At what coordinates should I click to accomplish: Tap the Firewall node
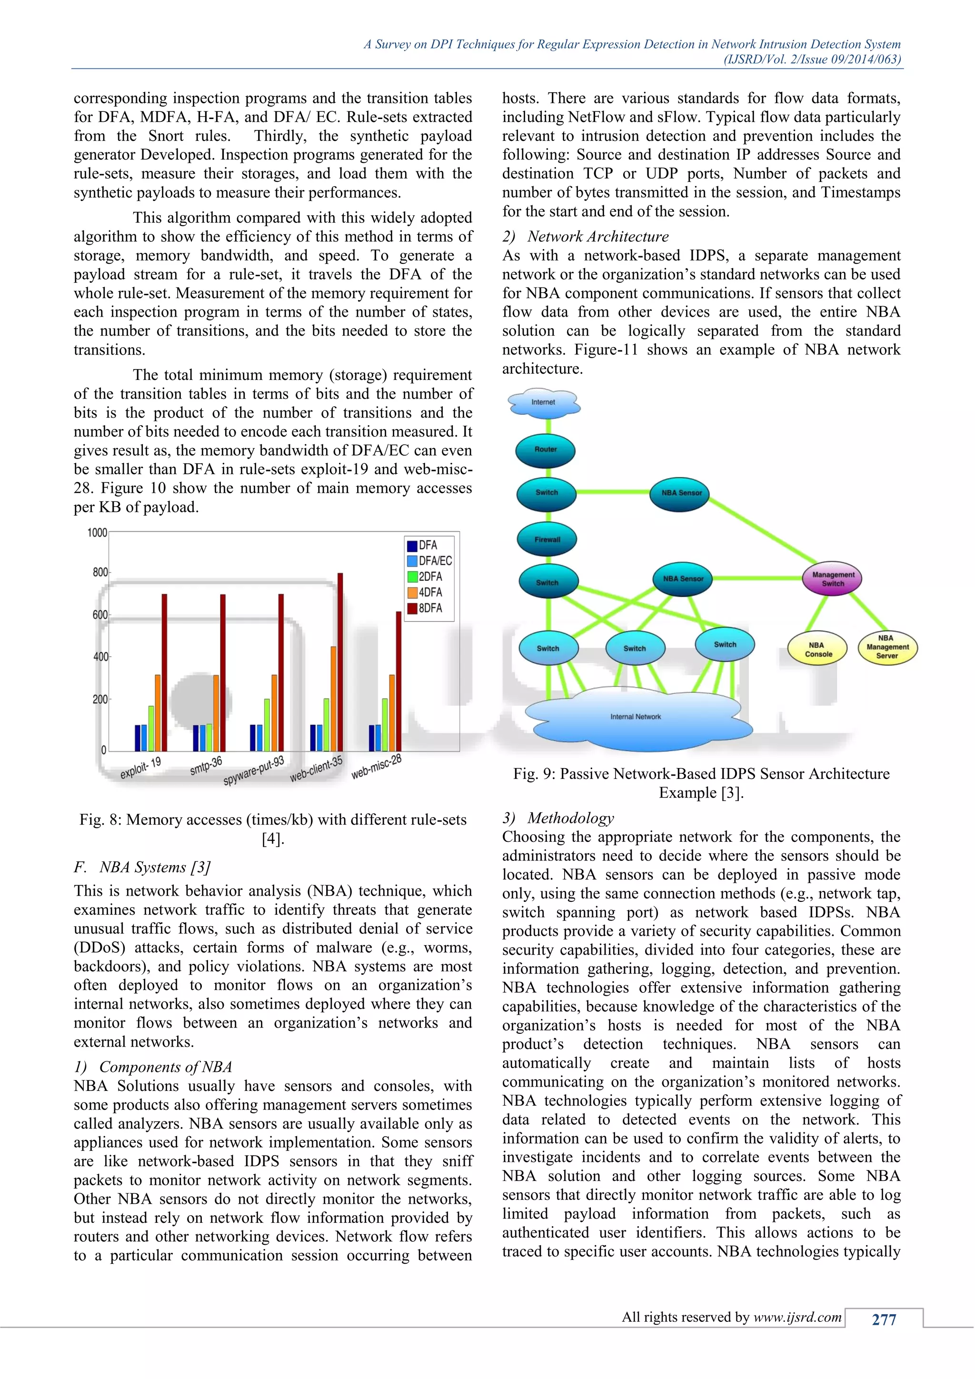pyautogui.click(x=547, y=540)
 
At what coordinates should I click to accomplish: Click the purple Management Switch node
pyautogui.click(x=833, y=579)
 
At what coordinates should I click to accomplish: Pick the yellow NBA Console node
pyautogui.click(x=818, y=649)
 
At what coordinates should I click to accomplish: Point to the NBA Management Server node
pyautogui.click(x=887, y=647)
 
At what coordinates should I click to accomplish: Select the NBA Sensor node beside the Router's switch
pyautogui.click(x=681, y=492)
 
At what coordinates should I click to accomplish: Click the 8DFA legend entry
pyautogui.click(x=429, y=608)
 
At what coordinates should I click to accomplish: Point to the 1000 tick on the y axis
pyautogui.click(x=97, y=533)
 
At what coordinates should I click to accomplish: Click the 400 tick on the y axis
pyautogui.click(x=100, y=657)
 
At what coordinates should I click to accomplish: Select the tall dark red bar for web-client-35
pyautogui.click(x=340, y=660)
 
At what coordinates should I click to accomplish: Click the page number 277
pyautogui.click(x=884, y=1319)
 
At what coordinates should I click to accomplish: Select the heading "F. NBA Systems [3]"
pyautogui.click(x=142, y=867)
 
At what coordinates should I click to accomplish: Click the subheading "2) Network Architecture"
pyautogui.click(x=586, y=237)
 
